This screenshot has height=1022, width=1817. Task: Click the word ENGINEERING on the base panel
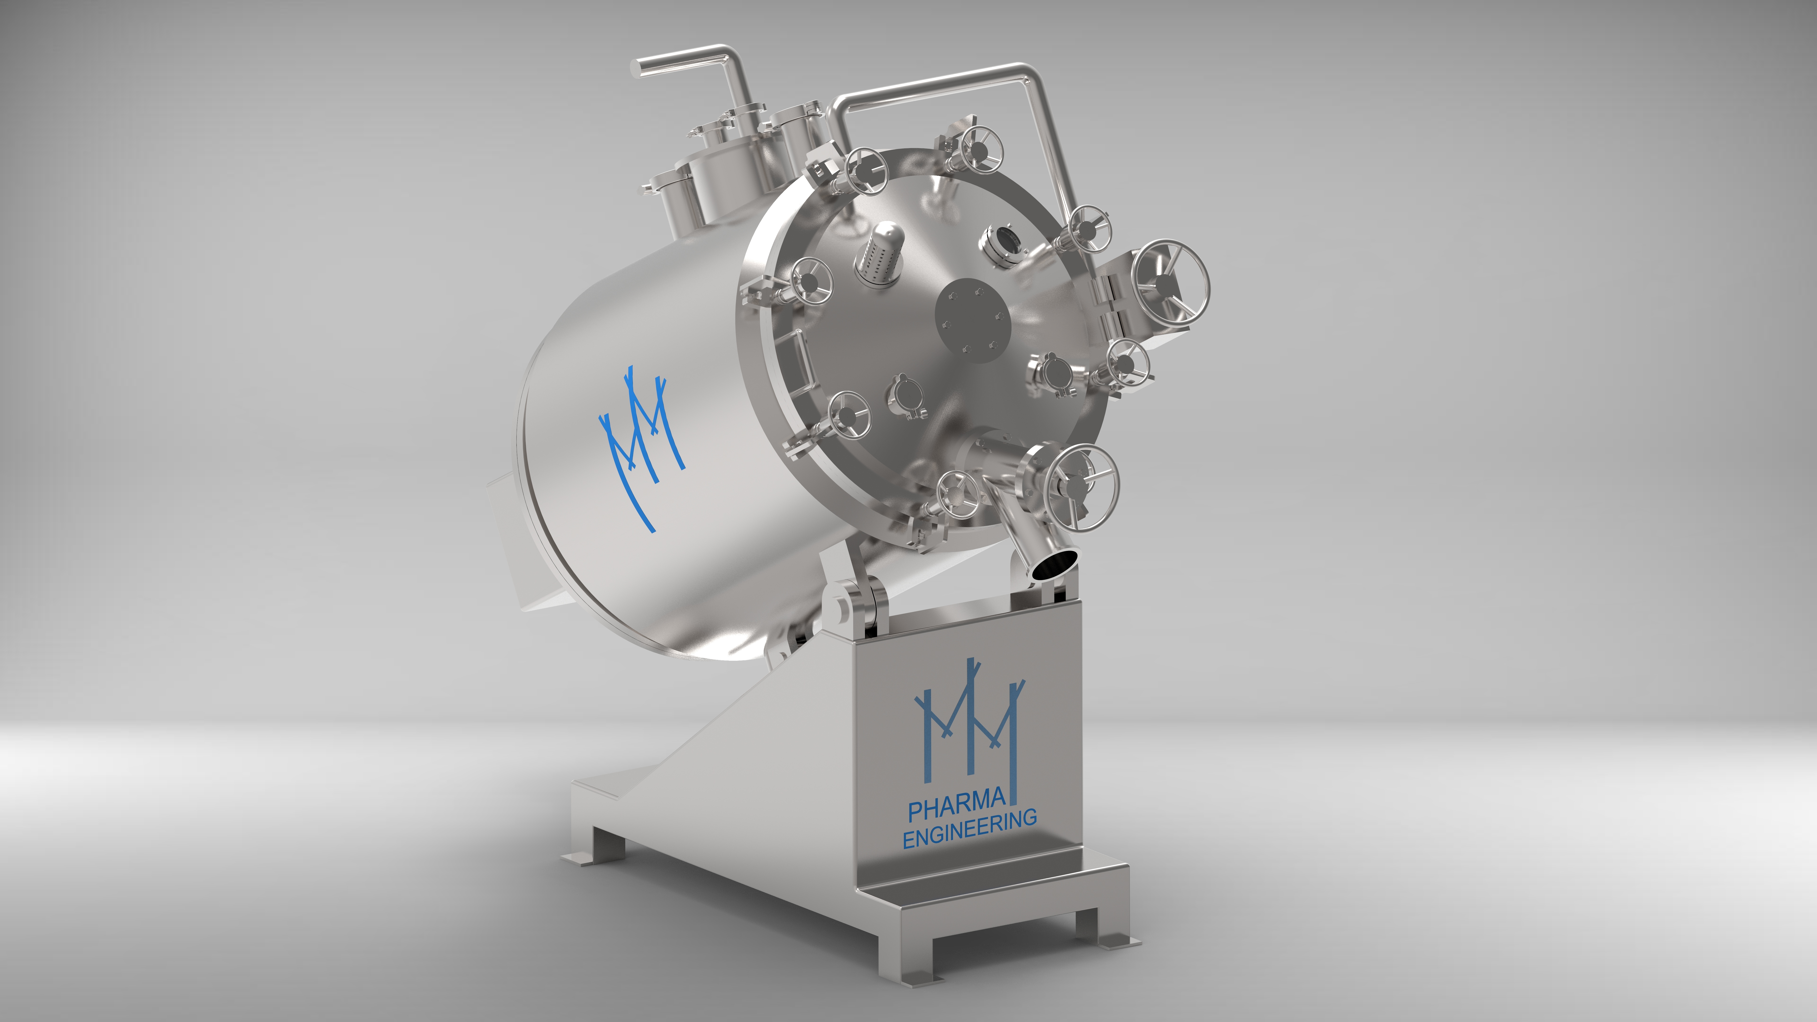970,829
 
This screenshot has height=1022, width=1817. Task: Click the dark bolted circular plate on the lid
973,320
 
